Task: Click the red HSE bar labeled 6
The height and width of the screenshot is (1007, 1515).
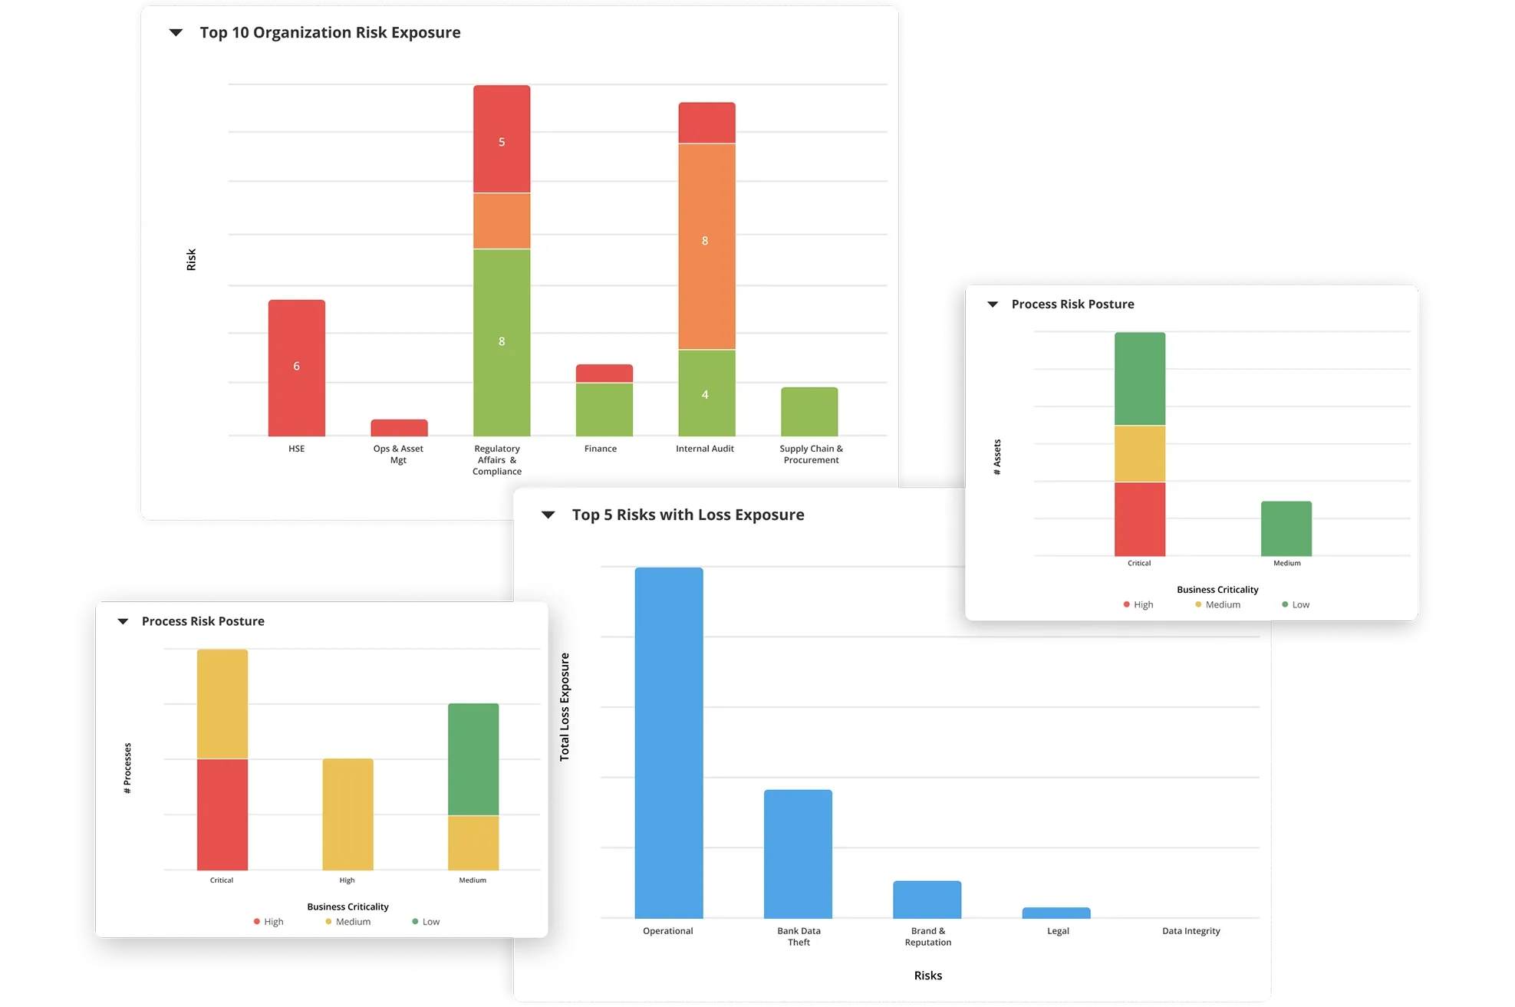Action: click(x=296, y=367)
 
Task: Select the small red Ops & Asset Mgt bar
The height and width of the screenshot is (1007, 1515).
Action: click(x=399, y=428)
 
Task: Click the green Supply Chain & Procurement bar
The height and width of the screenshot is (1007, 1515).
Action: click(x=809, y=412)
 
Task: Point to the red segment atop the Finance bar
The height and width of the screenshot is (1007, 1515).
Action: click(x=604, y=374)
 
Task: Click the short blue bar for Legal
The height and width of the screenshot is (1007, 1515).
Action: click(x=1056, y=913)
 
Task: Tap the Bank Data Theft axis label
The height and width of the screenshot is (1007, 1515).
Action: click(x=799, y=936)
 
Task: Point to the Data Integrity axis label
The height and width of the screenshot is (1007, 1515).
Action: click(x=1191, y=931)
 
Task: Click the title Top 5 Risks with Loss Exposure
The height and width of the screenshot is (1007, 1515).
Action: click(x=687, y=515)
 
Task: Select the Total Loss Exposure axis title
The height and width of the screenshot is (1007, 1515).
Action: click(x=565, y=706)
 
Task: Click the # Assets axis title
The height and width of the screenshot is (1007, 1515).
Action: click(x=997, y=457)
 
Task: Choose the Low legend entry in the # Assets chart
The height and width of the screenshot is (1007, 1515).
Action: click(x=1296, y=604)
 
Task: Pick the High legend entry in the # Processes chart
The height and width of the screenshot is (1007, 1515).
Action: click(x=268, y=922)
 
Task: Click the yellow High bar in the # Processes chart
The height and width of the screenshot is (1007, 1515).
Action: click(x=347, y=814)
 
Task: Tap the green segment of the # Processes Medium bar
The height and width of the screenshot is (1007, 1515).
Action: click(x=473, y=759)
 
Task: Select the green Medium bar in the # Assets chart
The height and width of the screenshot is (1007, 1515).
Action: click(x=1286, y=529)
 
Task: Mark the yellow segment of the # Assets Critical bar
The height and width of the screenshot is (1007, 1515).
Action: click(x=1140, y=453)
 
